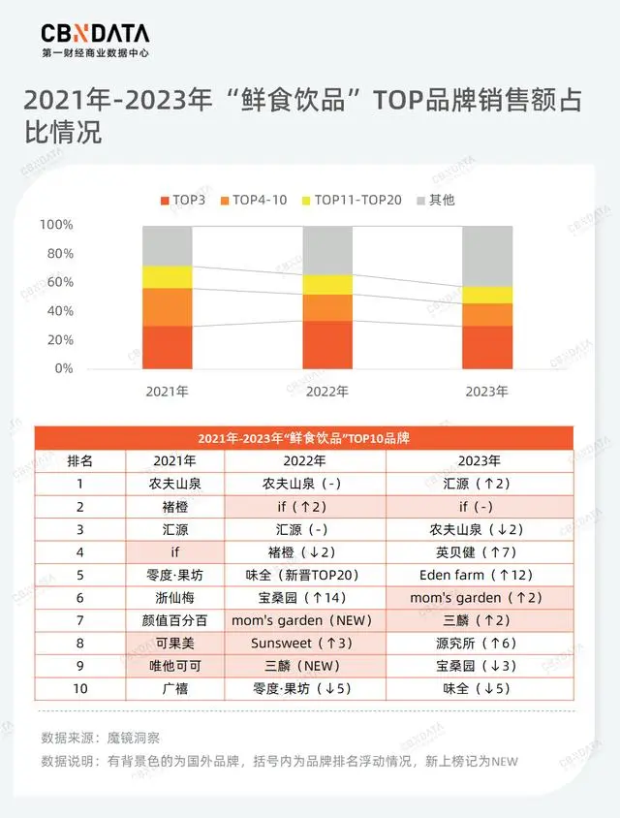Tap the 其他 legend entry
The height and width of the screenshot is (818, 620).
pyautogui.click(x=435, y=201)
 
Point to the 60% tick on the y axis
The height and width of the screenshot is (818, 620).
pyautogui.click(x=57, y=282)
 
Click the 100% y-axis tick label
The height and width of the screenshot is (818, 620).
pyautogui.click(x=55, y=225)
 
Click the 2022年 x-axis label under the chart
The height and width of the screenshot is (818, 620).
pyautogui.click(x=326, y=392)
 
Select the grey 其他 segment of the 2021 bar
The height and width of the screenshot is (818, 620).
pyautogui.click(x=167, y=245)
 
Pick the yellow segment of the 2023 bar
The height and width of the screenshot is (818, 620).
pyautogui.click(x=487, y=295)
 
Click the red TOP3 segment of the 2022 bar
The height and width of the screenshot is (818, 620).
pyautogui.click(x=326, y=344)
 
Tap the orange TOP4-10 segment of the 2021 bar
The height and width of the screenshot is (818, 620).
pyautogui.click(x=167, y=306)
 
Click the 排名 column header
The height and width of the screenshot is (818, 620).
pyautogui.click(x=80, y=460)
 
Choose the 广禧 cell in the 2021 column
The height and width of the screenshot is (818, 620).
pyautogui.click(x=174, y=689)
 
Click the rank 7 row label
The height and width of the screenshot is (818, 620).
pyautogui.click(x=80, y=620)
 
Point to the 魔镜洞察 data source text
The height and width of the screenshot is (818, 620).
pyautogui.click(x=133, y=738)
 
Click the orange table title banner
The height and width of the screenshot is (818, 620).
pyautogui.click(x=303, y=438)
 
